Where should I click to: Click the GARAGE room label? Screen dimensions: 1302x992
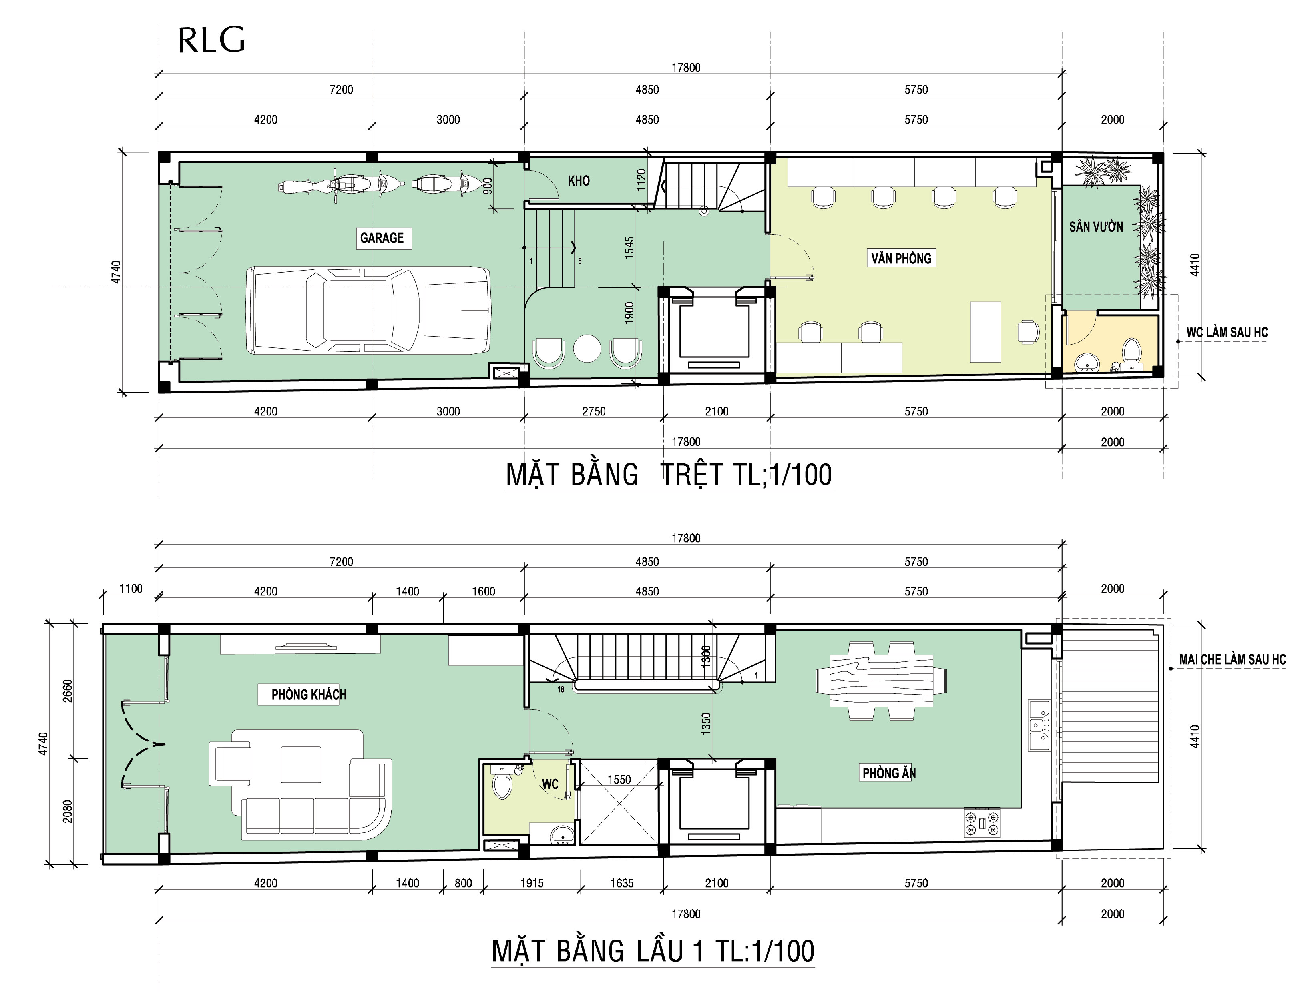tap(382, 238)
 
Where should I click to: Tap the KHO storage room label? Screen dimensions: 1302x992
tap(579, 181)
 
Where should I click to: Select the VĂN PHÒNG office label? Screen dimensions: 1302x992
tap(901, 258)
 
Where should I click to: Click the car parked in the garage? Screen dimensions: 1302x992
tap(368, 310)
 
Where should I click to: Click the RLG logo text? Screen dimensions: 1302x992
tap(211, 40)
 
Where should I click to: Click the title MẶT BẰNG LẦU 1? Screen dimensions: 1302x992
tap(653, 951)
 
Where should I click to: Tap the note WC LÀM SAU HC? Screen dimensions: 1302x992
tap(1227, 333)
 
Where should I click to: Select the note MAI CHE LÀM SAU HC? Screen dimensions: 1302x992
tap(1232, 659)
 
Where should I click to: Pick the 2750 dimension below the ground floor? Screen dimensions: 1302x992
tap(594, 411)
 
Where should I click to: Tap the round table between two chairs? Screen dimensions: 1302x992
tap(587, 349)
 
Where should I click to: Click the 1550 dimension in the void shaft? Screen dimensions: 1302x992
tap(619, 780)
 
